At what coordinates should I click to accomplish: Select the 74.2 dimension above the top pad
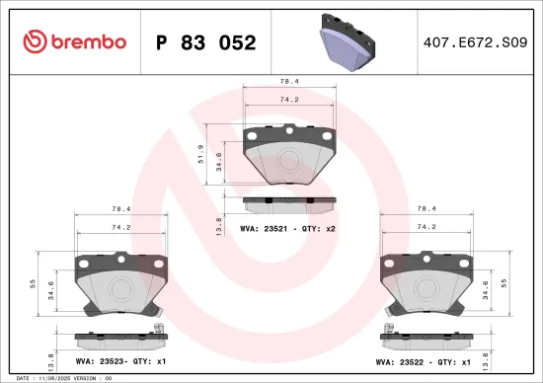(288, 100)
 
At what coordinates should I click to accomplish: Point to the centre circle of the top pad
(289, 160)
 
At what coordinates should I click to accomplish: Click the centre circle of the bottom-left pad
(121, 288)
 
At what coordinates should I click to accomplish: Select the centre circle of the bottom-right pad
(427, 288)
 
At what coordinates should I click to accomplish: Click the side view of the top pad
(288, 204)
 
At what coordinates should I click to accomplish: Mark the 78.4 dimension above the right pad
(427, 209)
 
